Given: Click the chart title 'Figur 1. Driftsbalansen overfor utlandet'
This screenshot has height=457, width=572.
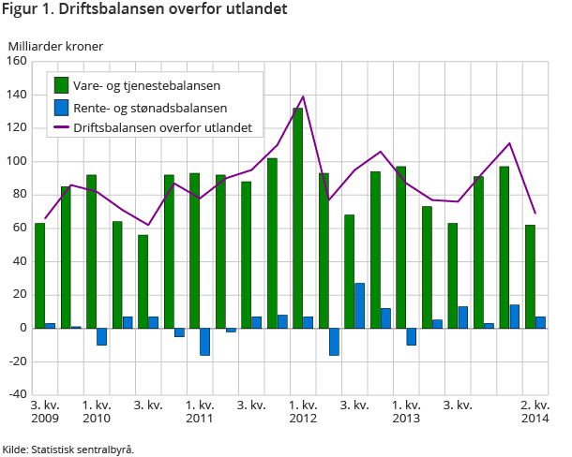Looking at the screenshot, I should pos(144,10).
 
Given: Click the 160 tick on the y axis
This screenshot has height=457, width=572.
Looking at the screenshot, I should pos(16,62).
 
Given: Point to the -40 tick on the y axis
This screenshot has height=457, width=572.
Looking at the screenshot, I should pos(14,394).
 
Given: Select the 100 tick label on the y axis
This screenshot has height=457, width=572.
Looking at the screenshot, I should pos(16,161).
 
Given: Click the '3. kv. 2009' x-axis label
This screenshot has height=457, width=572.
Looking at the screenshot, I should pos(45,411).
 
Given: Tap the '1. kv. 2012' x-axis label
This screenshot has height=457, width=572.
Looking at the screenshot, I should pos(303,411).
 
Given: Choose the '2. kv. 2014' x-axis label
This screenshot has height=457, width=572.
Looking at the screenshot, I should pos(534,411).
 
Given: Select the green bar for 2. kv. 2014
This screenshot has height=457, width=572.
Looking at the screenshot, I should pos(531,276).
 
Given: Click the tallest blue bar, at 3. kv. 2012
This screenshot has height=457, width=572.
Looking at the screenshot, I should pos(359,305).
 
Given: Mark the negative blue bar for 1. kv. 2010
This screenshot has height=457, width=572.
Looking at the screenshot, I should pos(101,336).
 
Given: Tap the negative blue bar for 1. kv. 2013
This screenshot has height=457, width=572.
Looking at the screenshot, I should pos(411,336).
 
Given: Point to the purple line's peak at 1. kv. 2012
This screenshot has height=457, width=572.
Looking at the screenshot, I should pos(303,96).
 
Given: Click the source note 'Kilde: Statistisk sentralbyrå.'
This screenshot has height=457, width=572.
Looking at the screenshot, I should pos(68,449).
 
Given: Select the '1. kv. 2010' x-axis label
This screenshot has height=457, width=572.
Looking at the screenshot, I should pos(97,411).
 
